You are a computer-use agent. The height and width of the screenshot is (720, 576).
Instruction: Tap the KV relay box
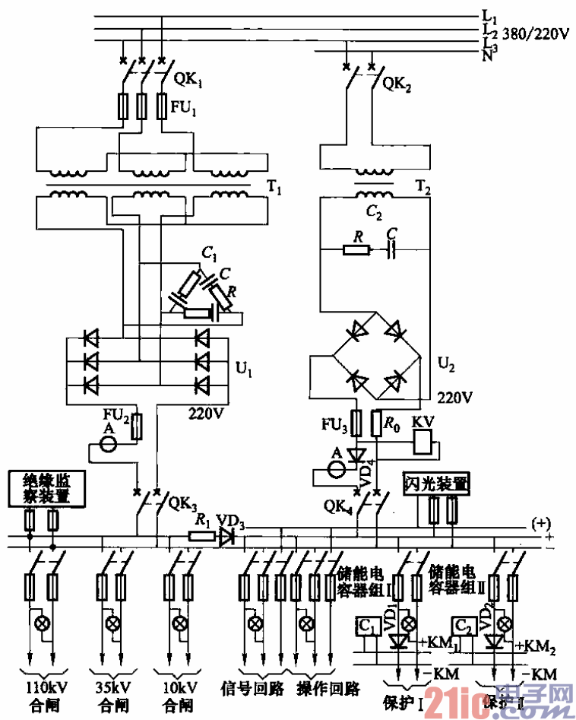(x=423, y=440)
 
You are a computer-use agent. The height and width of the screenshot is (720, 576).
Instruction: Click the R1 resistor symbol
(x=201, y=537)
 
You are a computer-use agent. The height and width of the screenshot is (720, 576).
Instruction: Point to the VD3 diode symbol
(x=226, y=537)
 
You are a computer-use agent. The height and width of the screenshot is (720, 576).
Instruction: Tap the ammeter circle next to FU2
(x=109, y=442)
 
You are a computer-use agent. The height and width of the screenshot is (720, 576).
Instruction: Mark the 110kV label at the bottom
(x=43, y=687)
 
